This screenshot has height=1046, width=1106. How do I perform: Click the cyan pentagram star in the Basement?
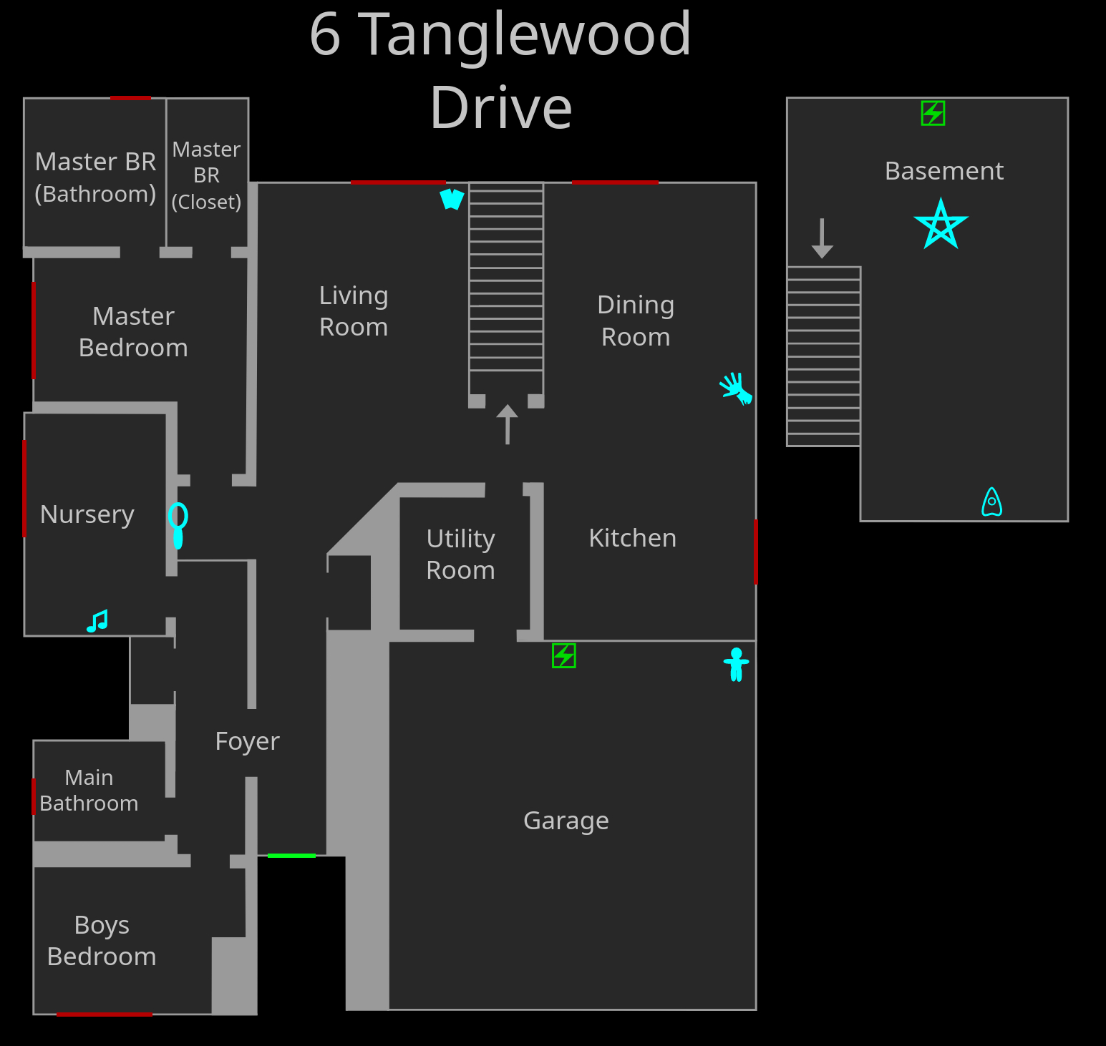(x=941, y=225)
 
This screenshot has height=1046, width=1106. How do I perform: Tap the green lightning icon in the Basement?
(x=933, y=113)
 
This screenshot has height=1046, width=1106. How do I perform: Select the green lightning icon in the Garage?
(x=564, y=655)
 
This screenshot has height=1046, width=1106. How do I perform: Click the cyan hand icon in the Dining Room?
(x=736, y=388)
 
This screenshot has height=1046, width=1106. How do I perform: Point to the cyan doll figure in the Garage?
(x=736, y=664)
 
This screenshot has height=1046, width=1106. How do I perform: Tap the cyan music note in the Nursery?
(x=97, y=620)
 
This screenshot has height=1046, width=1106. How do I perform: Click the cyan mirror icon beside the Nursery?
(x=178, y=524)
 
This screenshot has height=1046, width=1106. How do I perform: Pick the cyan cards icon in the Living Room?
(x=452, y=198)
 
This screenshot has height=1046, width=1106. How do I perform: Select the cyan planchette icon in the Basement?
(x=991, y=502)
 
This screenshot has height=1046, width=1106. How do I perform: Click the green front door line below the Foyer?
(x=291, y=856)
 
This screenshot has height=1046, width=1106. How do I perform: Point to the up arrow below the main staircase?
(x=508, y=424)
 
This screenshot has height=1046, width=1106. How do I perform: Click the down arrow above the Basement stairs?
(x=822, y=238)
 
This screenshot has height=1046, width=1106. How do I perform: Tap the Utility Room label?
(x=460, y=554)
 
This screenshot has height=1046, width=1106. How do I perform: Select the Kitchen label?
(x=632, y=538)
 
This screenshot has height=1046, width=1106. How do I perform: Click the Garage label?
(x=566, y=821)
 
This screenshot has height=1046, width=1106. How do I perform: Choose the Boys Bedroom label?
(x=102, y=941)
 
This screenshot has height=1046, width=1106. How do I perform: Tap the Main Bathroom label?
(x=89, y=791)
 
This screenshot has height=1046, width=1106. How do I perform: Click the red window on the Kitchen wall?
(x=756, y=552)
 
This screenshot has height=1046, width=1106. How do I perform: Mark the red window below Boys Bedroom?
(x=105, y=1014)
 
